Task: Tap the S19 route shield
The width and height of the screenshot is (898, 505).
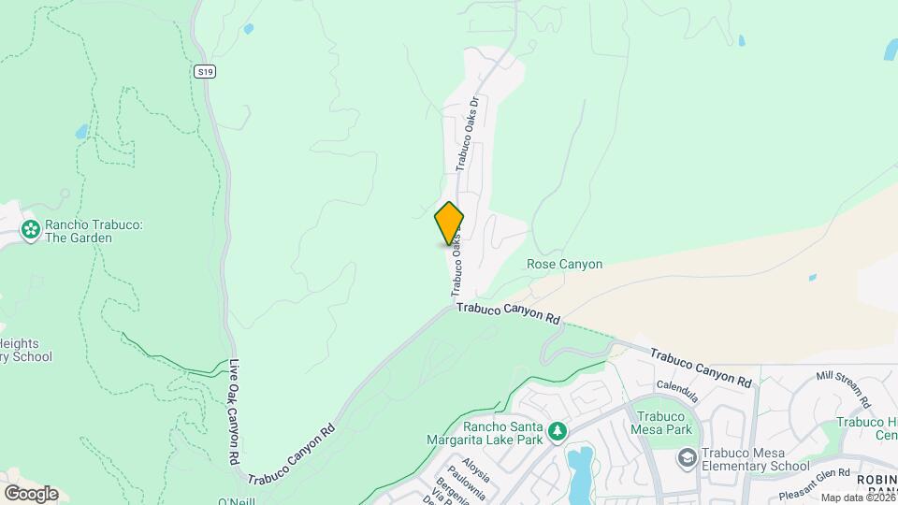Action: point(207,71)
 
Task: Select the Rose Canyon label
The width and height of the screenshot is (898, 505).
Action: point(564,265)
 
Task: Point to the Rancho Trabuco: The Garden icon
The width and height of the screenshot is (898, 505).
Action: point(31,229)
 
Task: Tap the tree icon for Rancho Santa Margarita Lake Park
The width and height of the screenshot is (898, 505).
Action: point(558,430)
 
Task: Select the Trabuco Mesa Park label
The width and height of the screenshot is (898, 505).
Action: point(664,423)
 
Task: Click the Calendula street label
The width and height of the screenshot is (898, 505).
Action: point(678,384)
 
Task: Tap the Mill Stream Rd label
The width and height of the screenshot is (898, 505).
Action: point(843,390)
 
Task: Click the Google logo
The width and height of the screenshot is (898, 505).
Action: point(31,493)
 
